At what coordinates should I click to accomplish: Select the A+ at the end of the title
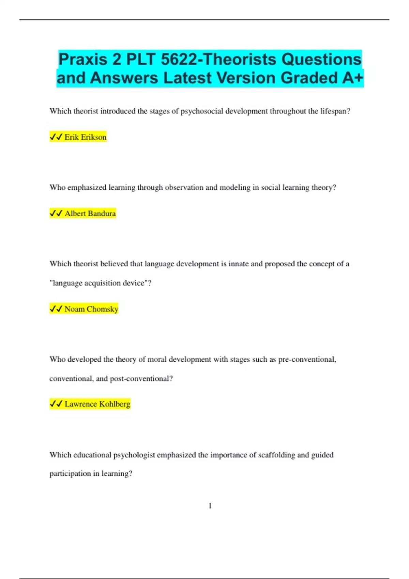click(353, 78)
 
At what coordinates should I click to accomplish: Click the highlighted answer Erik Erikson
click(85, 137)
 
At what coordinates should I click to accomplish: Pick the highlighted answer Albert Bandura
click(90, 214)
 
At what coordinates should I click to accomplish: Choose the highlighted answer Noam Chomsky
click(91, 309)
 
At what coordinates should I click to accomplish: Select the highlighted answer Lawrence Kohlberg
click(97, 404)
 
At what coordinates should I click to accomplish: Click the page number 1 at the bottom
click(210, 506)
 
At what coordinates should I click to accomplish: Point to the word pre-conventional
click(307, 360)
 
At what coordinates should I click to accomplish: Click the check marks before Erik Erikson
click(56, 137)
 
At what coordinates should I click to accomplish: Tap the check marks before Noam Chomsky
click(56, 309)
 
